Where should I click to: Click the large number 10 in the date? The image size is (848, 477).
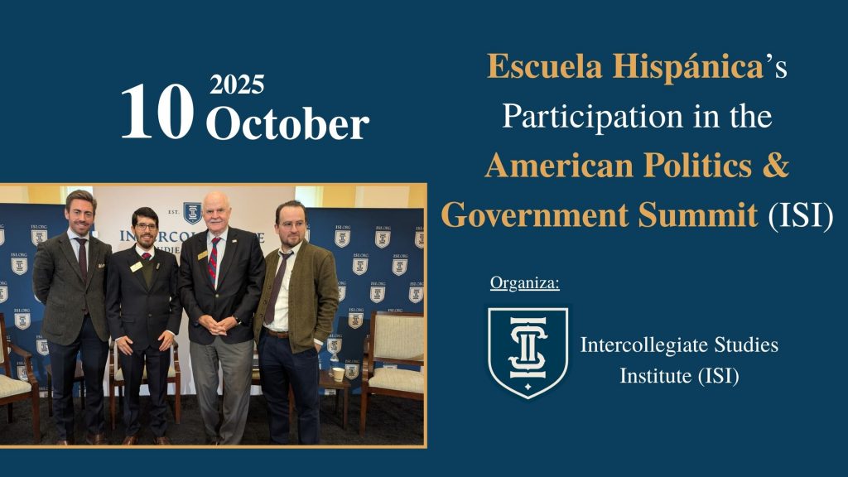click(157, 113)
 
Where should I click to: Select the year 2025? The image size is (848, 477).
click(237, 84)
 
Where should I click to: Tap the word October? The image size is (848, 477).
click(287, 124)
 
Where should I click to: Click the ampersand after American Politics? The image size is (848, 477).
click(775, 165)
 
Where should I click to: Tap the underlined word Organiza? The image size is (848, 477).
click(525, 284)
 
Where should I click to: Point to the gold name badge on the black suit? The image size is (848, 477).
click(136, 267)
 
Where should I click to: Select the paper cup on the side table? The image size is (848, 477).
click(338, 373)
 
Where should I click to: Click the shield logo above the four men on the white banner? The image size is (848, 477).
click(192, 213)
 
